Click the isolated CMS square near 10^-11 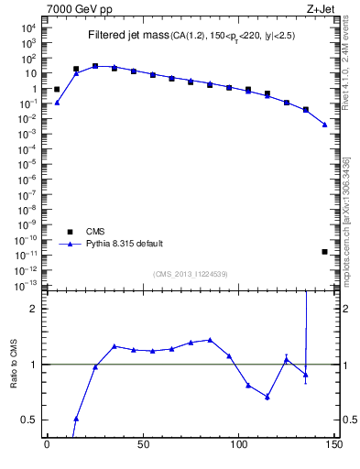tap(325, 251)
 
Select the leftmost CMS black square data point tap(57, 90)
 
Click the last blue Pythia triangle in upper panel tap(325, 125)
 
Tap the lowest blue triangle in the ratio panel tap(76, 419)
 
